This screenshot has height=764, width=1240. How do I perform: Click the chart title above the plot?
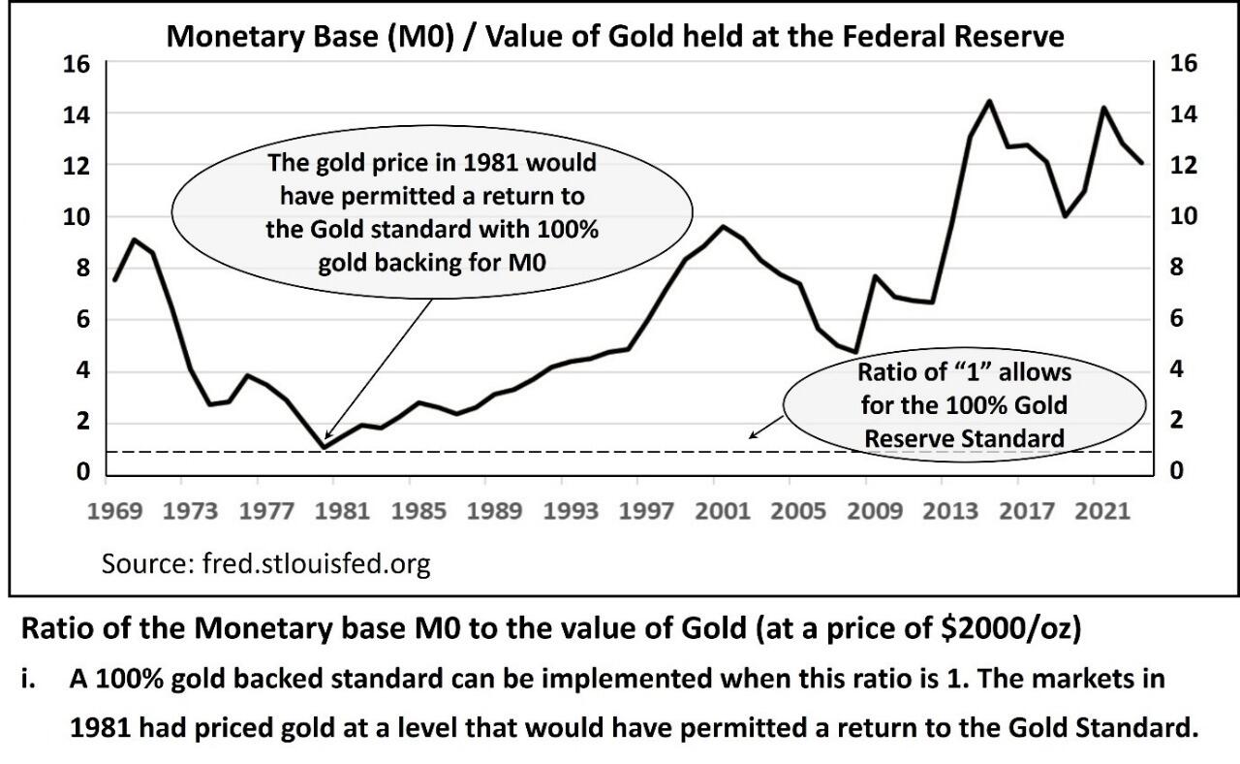615,37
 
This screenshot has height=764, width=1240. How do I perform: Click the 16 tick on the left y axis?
77,64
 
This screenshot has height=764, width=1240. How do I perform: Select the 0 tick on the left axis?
83,472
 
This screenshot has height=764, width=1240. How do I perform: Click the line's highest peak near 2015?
988,101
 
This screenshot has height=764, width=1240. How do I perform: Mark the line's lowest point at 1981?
324,447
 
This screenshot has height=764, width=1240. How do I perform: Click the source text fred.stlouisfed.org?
265,564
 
